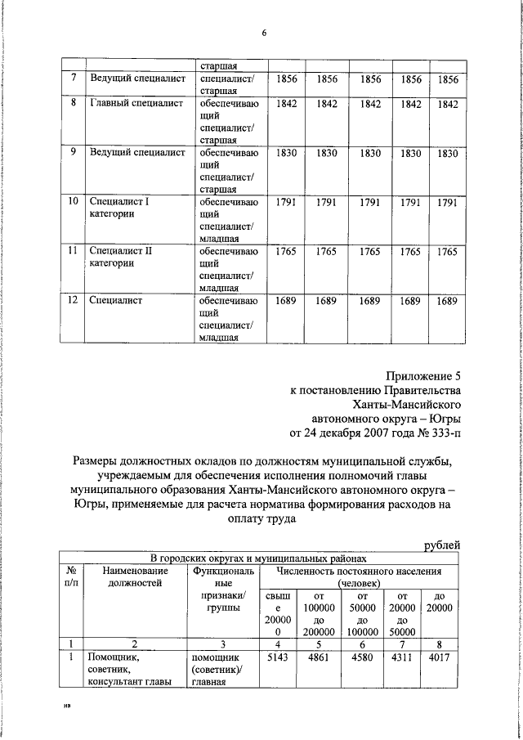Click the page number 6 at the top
click(264, 33)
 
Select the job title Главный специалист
click(131, 104)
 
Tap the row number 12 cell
click(73, 301)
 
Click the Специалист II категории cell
click(120, 258)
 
